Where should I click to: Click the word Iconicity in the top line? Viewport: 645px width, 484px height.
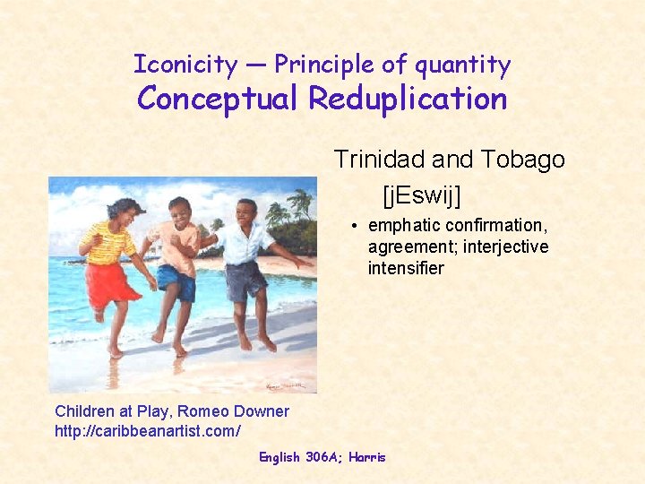coord(185,65)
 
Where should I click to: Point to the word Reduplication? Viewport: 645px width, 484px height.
coord(408,98)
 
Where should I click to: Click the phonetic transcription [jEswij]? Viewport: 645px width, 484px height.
coord(421,193)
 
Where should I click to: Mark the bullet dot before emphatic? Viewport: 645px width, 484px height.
coord(355,226)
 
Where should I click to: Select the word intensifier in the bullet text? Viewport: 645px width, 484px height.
coord(406,268)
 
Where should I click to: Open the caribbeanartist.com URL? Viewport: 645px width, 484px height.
coord(148,431)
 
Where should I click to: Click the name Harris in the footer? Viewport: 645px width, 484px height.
coord(366,457)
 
